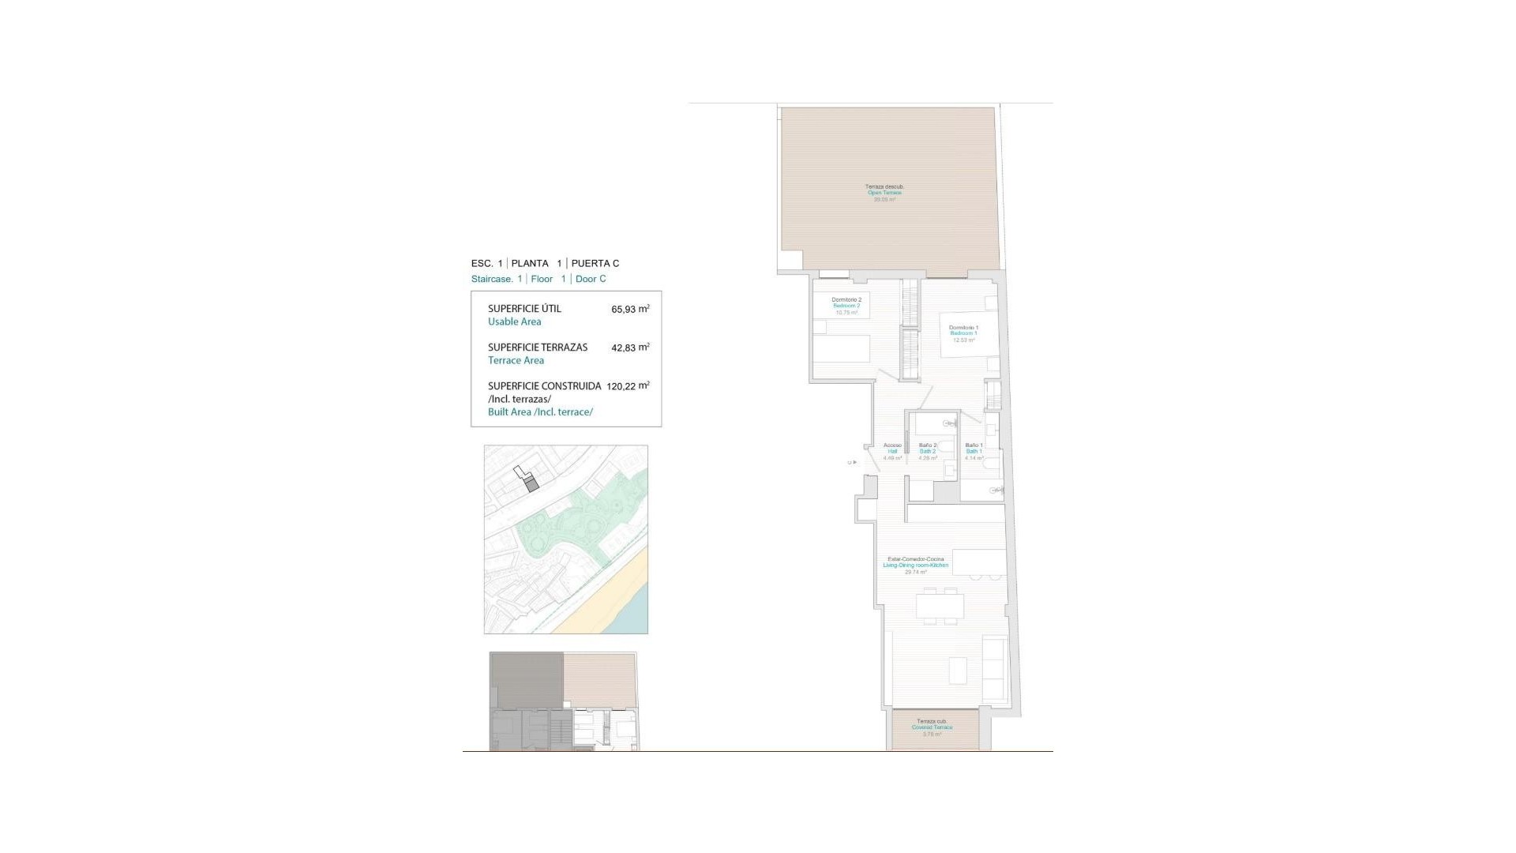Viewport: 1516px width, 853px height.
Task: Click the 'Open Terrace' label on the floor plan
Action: coord(884,193)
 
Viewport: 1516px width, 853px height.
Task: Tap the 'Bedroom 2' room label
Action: coord(846,306)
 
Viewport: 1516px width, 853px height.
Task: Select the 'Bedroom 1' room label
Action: coord(963,333)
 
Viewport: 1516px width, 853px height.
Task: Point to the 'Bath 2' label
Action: coord(928,451)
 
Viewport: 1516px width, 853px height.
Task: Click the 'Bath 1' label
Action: coord(974,451)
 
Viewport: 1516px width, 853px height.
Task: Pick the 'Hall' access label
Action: coord(892,451)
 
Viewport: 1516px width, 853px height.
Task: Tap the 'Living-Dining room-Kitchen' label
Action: coord(916,566)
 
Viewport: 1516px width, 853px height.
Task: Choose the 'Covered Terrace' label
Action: coord(932,727)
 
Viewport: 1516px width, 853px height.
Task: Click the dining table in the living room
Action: coord(940,607)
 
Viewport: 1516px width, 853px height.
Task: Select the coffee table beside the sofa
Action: coord(958,671)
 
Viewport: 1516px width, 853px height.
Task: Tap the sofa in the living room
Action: coord(995,671)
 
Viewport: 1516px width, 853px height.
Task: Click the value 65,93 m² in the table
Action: coord(630,309)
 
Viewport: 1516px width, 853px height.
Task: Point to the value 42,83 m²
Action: coord(630,348)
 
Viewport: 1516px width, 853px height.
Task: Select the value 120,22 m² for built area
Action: coord(628,386)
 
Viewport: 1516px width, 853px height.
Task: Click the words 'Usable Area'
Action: coord(514,321)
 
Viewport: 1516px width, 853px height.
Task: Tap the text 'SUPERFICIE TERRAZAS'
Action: coord(538,348)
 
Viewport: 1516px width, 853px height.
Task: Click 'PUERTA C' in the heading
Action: coord(595,263)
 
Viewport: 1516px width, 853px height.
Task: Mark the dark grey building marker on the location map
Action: coord(531,485)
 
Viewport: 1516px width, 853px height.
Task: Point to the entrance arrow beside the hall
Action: coord(853,462)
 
